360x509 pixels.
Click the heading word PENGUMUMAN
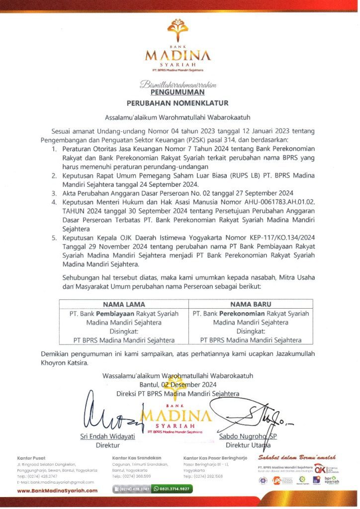pos(178,92)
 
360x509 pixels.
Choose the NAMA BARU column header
pos(250,304)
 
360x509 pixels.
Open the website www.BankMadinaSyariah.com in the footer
pos(57,490)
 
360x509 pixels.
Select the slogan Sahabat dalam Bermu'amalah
pos(297,457)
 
